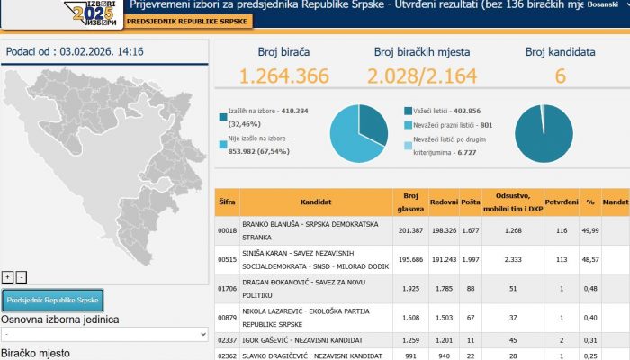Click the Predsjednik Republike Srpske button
pyautogui.click(x=53, y=300)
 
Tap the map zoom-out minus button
pyautogui.click(x=22, y=276)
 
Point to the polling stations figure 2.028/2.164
pyautogui.click(x=421, y=76)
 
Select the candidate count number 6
pyautogui.click(x=560, y=76)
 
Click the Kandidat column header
pyautogui.click(x=315, y=203)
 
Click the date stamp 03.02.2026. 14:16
pyautogui.click(x=75, y=51)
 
